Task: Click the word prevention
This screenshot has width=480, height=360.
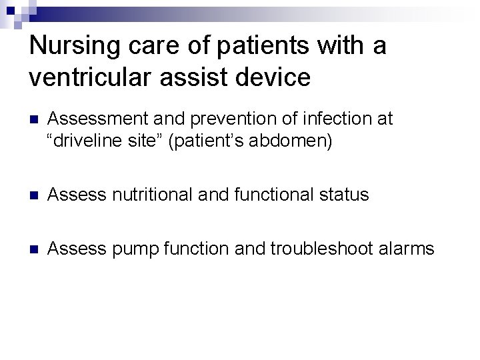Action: pyautogui.click(x=225, y=119)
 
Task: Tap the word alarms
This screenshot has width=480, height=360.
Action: pyautogui.click(x=407, y=249)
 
